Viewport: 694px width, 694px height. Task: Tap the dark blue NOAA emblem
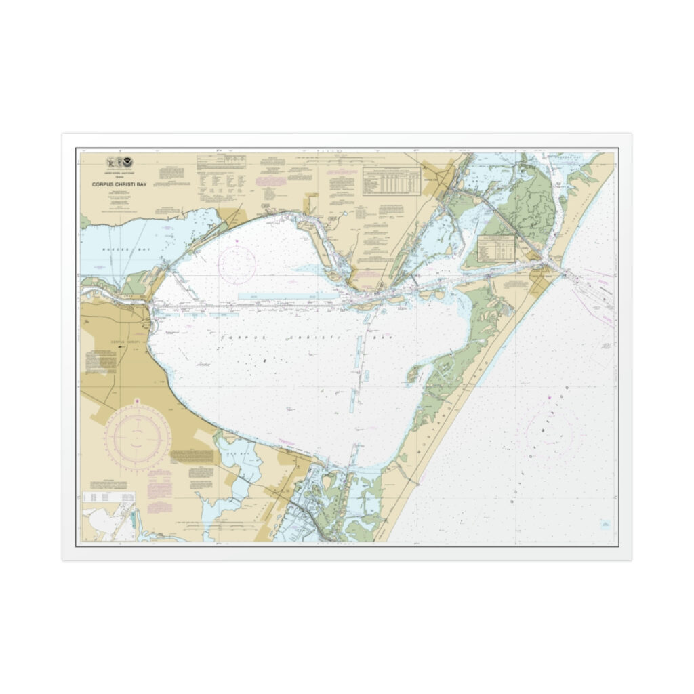129,163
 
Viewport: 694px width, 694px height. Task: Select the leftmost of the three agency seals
111,163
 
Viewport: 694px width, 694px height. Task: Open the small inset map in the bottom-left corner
108,520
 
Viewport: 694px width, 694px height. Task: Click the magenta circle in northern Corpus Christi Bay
237,264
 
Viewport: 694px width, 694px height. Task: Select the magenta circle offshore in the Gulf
550,434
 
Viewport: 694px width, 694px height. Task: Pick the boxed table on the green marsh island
497,248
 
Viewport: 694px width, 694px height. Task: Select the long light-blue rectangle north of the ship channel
287,296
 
